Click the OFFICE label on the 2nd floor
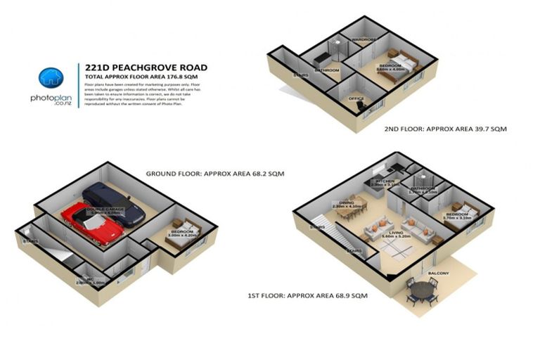(x=356, y=99)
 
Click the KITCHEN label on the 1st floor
(x=386, y=181)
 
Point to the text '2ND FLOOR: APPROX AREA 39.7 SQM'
(x=445, y=129)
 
